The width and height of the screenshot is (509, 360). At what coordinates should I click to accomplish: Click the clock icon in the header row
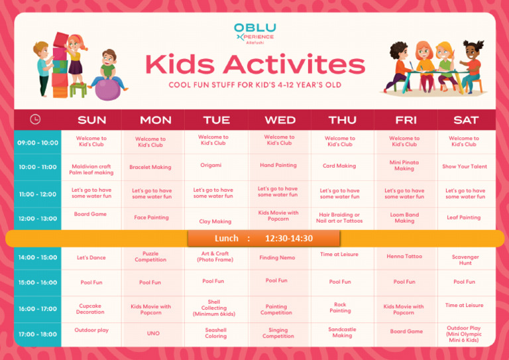35,119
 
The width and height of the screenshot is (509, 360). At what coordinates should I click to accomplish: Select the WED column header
280,120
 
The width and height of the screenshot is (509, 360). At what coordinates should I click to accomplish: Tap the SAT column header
466,120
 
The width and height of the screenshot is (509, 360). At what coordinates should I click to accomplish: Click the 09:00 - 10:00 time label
38,143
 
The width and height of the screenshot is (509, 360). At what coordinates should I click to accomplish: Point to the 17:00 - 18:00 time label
38,334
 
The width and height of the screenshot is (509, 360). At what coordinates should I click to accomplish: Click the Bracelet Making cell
150,168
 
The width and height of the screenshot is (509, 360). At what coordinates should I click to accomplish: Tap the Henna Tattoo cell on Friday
404,257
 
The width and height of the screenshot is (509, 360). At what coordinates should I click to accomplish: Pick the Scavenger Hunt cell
465,260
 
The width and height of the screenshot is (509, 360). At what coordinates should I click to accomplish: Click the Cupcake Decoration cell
90,309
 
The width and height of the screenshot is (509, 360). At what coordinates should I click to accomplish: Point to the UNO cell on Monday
152,333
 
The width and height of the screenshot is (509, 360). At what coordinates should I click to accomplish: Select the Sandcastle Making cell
342,332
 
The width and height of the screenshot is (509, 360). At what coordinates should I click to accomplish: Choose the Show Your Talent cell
465,167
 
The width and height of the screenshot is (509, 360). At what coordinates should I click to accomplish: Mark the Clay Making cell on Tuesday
215,221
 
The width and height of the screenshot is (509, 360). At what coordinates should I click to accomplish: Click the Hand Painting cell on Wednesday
278,165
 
